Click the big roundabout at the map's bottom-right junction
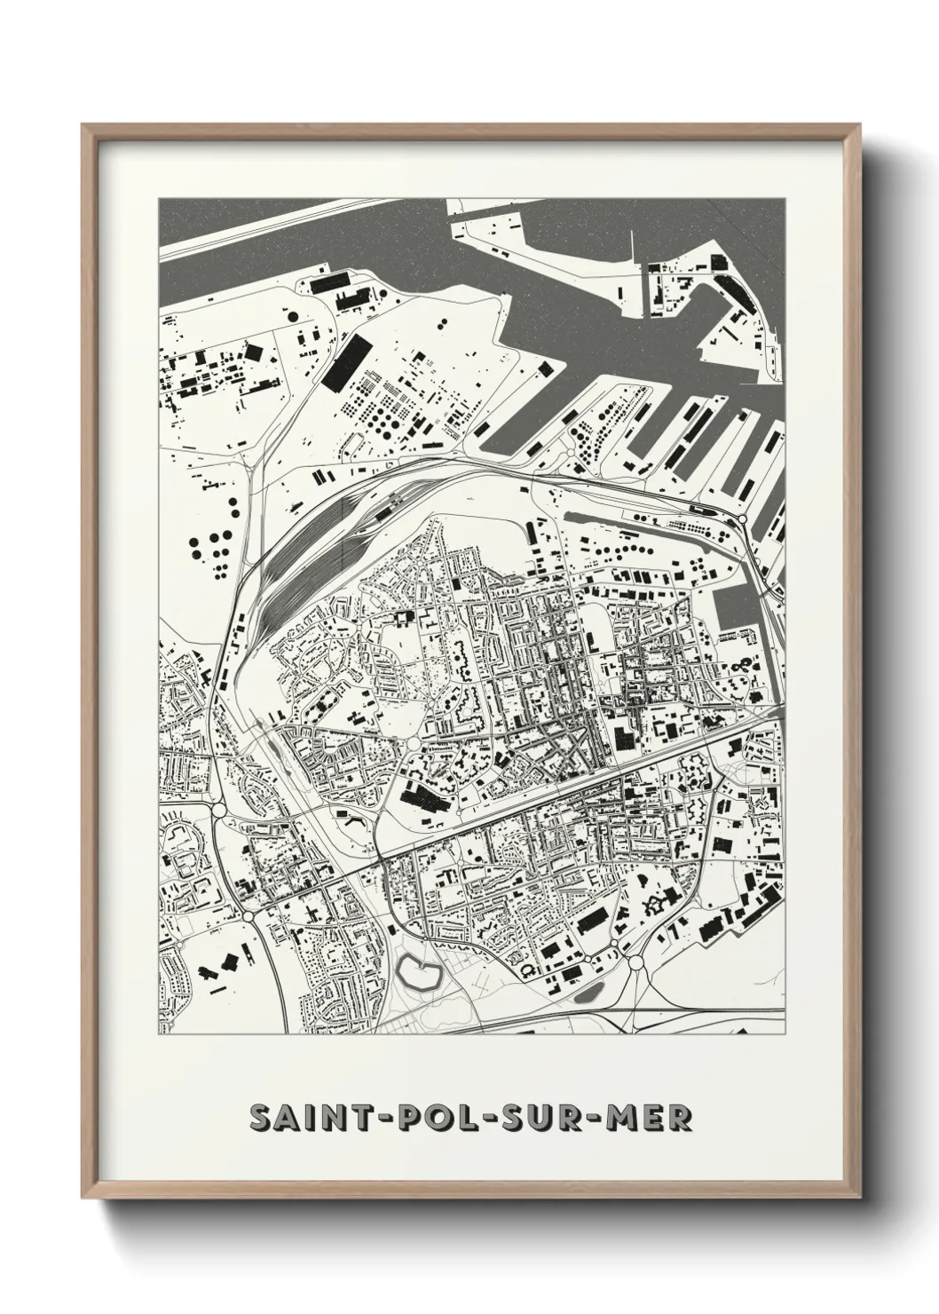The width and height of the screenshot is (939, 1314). (636, 961)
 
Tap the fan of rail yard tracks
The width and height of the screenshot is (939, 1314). (302, 568)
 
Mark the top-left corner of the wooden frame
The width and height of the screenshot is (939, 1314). (83, 125)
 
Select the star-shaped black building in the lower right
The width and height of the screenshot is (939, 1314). (658, 905)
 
